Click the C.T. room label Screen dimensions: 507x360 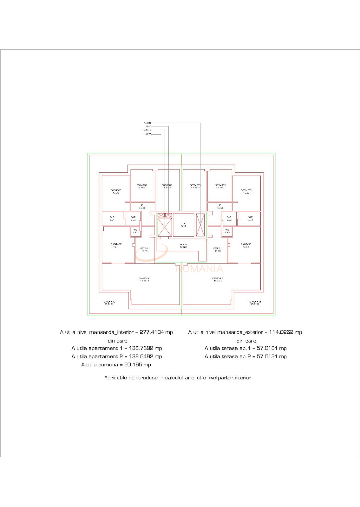tap(184, 225)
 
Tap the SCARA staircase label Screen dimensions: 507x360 tap(183, 246)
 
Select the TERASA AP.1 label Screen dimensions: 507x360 tap(254, 303)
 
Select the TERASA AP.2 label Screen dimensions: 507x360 tap(108, 303)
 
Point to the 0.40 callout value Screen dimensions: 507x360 tap(148, 126)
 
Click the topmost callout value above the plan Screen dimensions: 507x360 tap(148, 123)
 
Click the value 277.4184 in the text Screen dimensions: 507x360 tap(152, 332)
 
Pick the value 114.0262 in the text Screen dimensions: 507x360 tap(281, 332)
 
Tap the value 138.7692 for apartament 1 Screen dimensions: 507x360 tap(141, 348)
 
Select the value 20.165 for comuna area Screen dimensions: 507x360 tap(133, 365)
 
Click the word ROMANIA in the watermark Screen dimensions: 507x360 tap(200, 269)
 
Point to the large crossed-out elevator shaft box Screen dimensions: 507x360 tap(165, 227)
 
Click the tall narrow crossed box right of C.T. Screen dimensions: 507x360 tap(200, 225)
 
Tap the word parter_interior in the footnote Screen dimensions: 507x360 tap(234, 378)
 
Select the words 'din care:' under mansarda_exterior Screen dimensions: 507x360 tap(247, 341)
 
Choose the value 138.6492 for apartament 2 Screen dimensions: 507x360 tap(141, 356)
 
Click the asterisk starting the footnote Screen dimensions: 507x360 tap(106, 377)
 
